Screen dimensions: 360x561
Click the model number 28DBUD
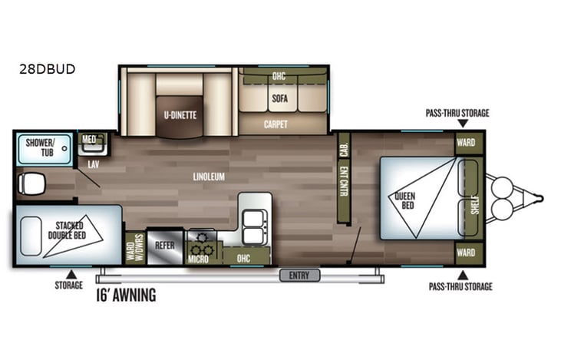(48, 68)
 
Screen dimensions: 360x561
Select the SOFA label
(279, 99)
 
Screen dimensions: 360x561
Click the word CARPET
(276, 124)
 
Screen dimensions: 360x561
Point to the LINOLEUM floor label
(208, 177)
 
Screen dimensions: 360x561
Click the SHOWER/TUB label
(40, 147)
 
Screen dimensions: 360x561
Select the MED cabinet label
(90, 139)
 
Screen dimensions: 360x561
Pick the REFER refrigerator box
(165, 246)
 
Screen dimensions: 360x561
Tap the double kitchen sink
(254, 222)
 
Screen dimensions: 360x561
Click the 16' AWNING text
(126, 295)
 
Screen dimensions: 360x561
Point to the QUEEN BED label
(405, 200)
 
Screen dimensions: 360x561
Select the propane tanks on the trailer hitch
(503, 199)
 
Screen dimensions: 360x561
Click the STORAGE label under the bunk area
(68, 286)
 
